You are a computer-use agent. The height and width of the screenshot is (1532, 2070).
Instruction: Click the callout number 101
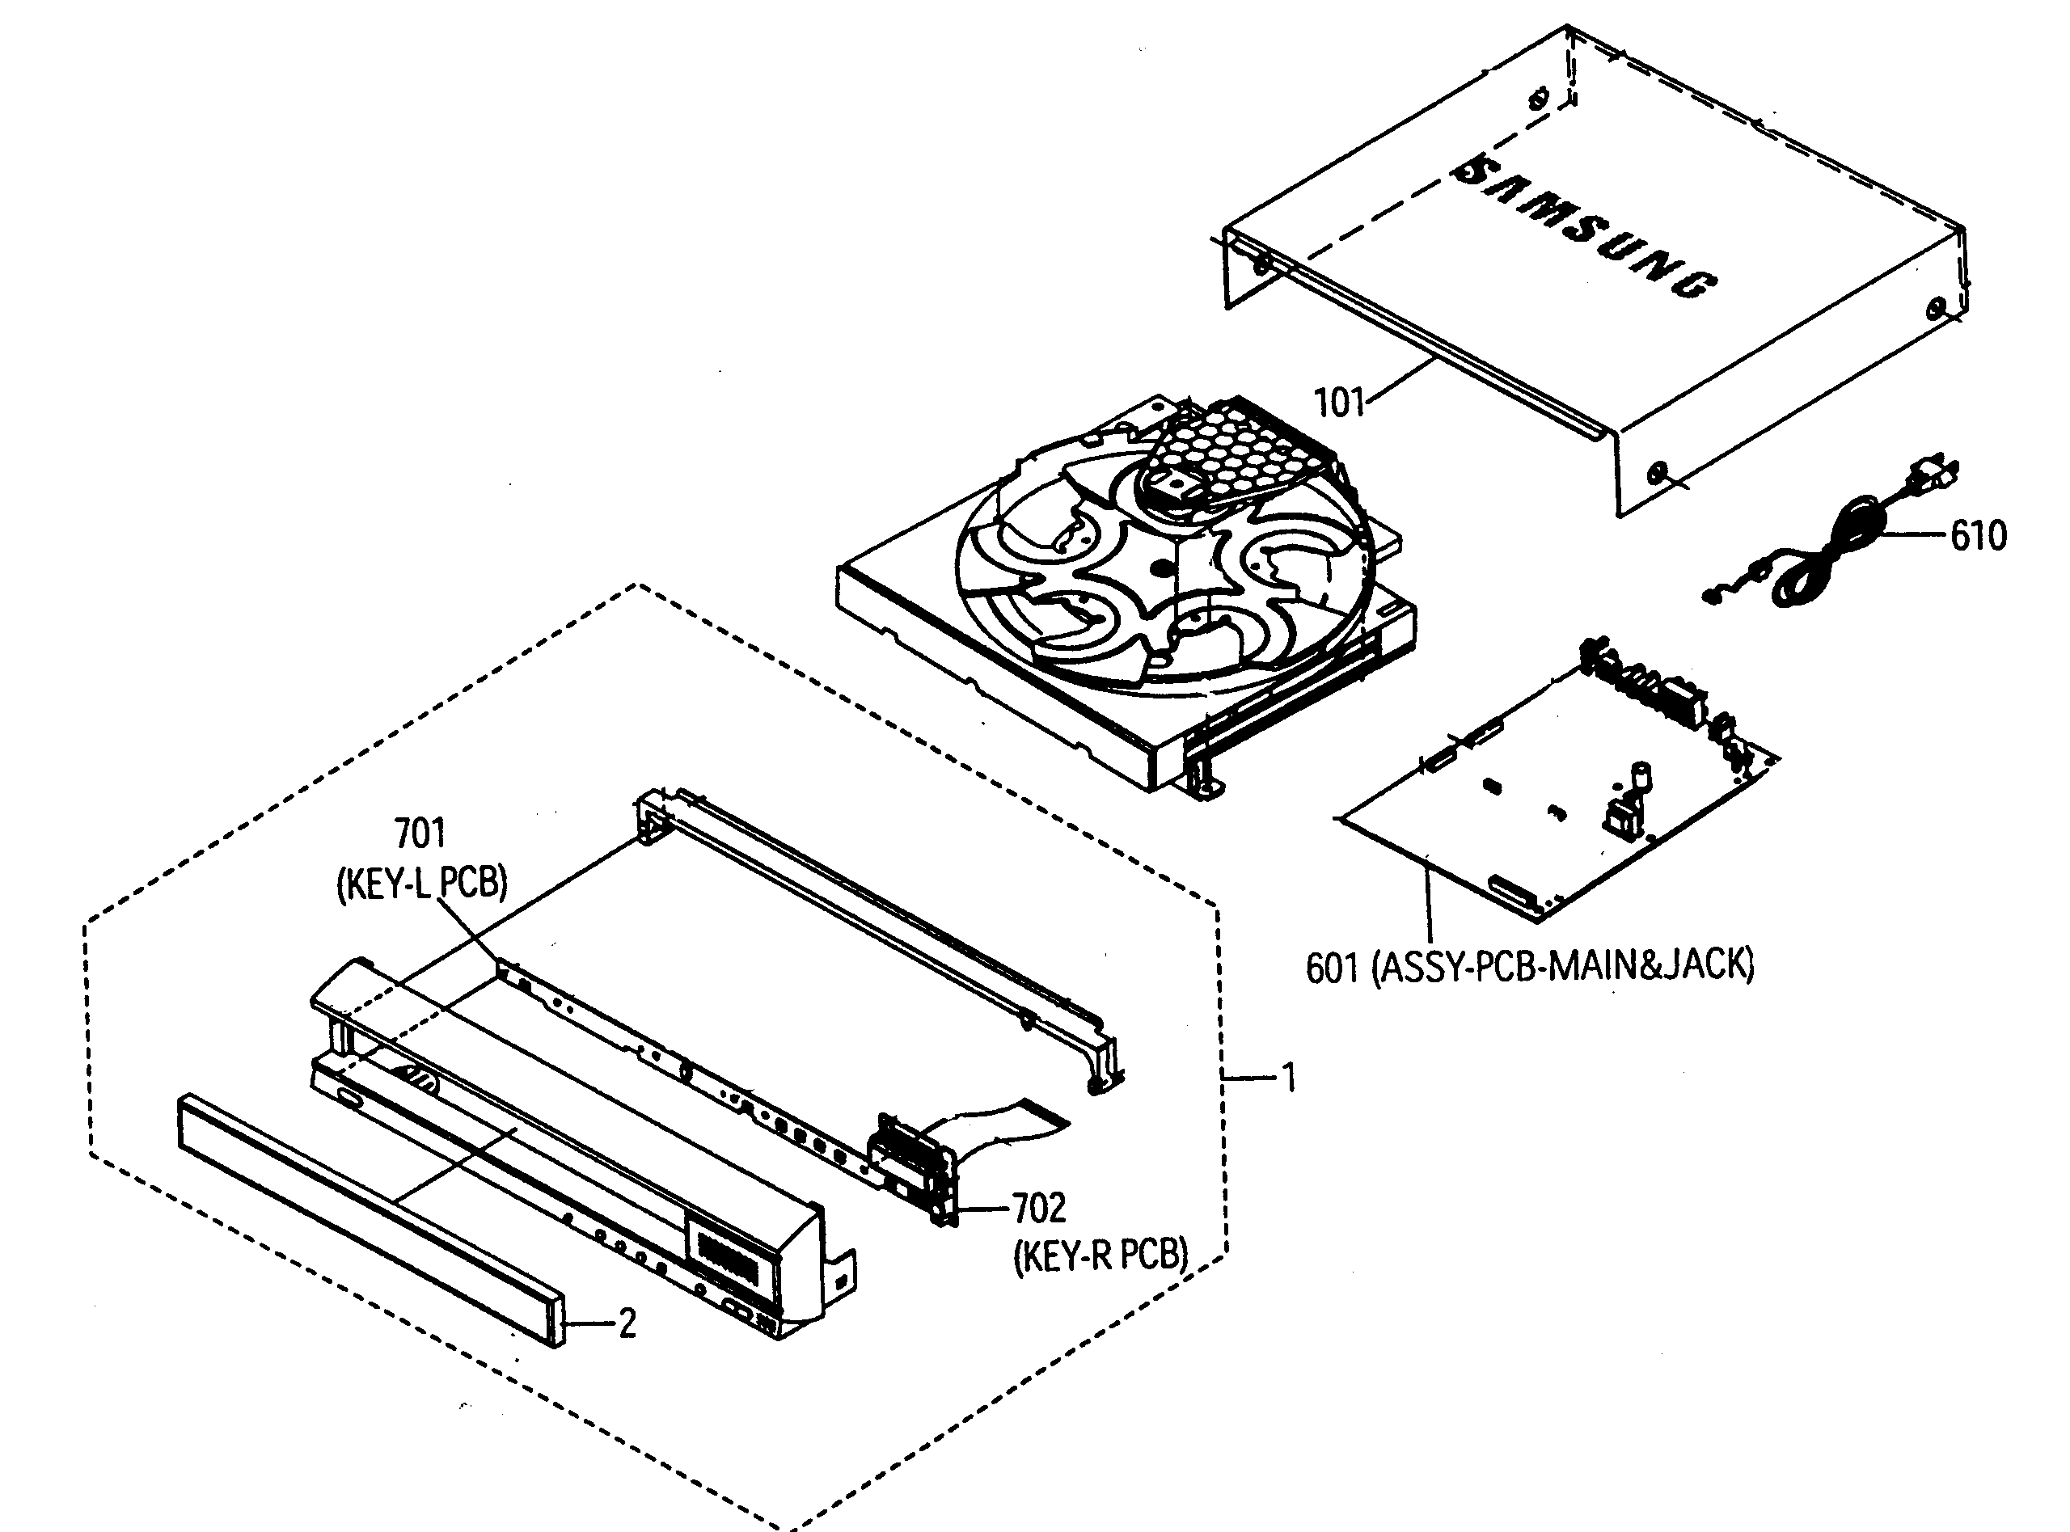[1339, 403]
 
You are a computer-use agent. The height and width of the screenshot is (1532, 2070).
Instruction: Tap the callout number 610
[1978, 536]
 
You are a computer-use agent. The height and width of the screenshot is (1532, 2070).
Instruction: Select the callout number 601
[1331, 969]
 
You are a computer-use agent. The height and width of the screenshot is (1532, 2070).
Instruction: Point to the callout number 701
[420, 833]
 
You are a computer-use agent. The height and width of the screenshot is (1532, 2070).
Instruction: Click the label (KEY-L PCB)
[422, 882]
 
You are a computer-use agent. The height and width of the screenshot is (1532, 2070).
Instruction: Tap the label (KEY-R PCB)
[1100, 1256]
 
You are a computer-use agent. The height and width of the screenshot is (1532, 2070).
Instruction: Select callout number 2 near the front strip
[627, 1323]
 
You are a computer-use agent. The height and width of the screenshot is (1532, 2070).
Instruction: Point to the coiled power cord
[1823, 556]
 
